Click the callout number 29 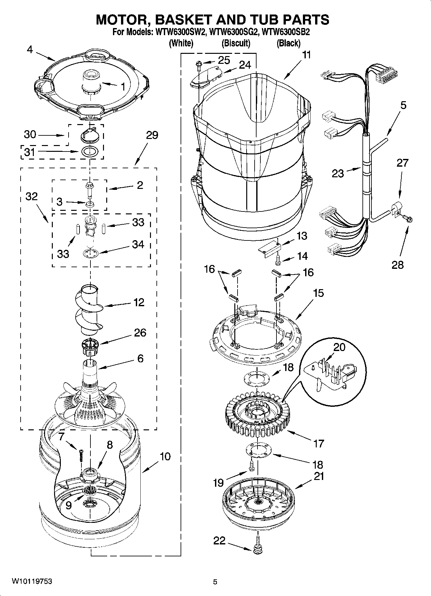[152, 135]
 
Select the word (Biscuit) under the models [236, 43]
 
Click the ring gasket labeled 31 [89, 151]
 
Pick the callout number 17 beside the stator [318, 444]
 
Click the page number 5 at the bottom [215, 582]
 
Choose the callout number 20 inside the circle [339, 347]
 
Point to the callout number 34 [138, 244]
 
